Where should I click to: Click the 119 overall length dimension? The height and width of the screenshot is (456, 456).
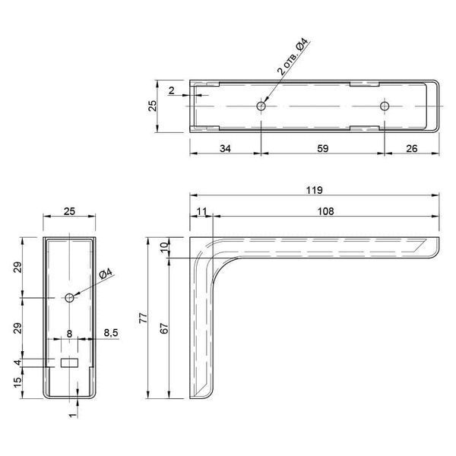[x=315, y=190]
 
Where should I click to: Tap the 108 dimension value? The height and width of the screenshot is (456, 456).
[x=325, y=211]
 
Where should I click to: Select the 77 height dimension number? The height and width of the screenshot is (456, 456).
[x=144, y=318]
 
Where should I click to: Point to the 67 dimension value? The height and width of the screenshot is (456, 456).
[x=165, y=328]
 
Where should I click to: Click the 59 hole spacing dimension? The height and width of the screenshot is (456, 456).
[x=323, y=149]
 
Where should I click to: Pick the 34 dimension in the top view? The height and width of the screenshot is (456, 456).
[x=226, y=149]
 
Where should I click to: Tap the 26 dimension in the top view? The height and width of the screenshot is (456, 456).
[x=411, y=149]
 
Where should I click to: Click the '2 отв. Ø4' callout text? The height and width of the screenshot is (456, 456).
[x=293, y=57]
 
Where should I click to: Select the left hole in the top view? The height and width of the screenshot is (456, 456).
[x=261, y=106]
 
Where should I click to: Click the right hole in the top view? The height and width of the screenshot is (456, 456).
[x=385, y=106]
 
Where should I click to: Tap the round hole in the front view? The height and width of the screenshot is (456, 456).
[x=69, y=297]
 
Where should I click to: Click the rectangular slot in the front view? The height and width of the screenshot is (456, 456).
[x=69, y=363]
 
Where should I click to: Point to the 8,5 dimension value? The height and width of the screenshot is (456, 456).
[x=111, y=333]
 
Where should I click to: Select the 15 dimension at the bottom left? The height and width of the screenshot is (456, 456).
[x=17, y=382]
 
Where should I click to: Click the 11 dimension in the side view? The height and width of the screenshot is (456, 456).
[x=201, y=211]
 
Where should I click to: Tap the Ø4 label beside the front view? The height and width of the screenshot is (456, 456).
[x=106, y=274]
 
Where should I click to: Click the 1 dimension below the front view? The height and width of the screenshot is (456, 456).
[x=73, y=415]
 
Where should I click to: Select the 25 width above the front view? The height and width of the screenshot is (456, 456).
[x=69, y=211]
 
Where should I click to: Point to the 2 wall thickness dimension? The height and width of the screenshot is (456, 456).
[x=172, y=90]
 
